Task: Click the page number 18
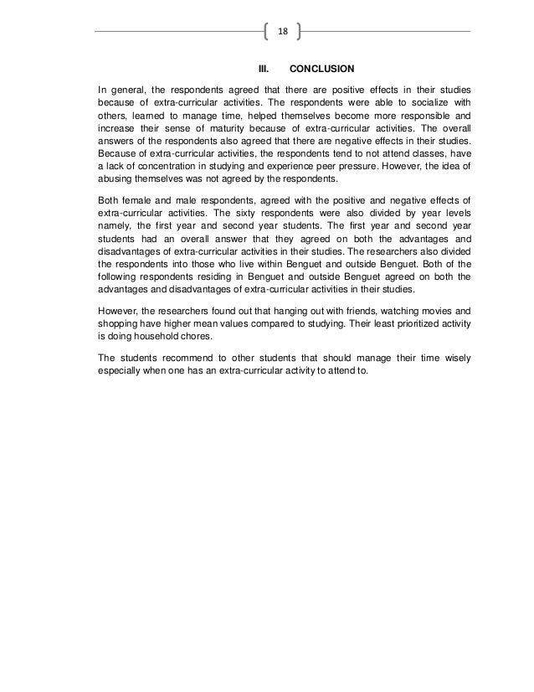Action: (282, 32)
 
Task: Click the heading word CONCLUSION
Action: (322, 68)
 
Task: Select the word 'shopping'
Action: (120, 326)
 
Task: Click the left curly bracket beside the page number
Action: (266, 32)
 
